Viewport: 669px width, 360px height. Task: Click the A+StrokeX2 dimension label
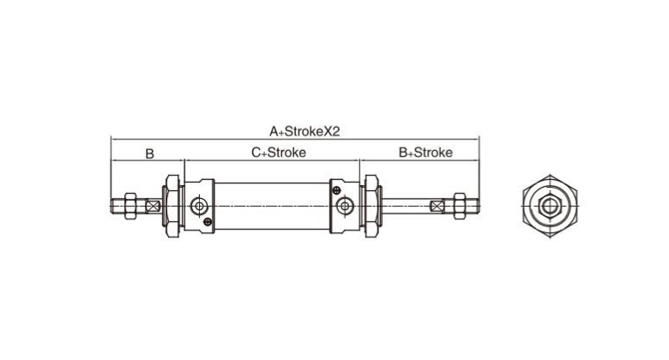click(x=304, y=131)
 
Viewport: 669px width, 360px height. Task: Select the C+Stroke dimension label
click(x=279, y=153)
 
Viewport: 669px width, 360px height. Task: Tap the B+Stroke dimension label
click(x=425, y=153)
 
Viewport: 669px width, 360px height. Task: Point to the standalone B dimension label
click(x=149, y=153)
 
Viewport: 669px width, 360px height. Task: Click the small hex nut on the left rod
click(x=130, y=206)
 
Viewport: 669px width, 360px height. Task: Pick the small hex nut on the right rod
click(x=460, y=206)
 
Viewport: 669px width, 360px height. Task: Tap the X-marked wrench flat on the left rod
click(x=153, y=206)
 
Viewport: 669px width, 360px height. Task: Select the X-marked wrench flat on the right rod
click(x=437, y=207)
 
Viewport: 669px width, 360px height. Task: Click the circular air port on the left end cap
click(x=199, y=206)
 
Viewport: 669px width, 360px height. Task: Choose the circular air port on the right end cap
click(x=345, y=206)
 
